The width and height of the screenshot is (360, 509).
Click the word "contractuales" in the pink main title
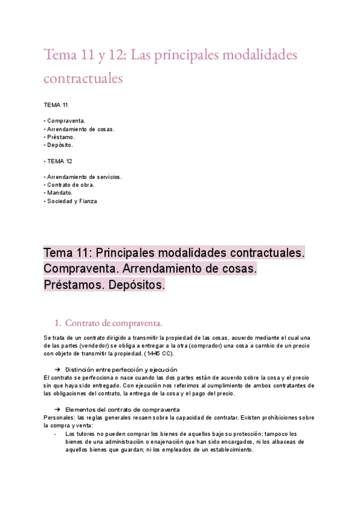coord(83,79)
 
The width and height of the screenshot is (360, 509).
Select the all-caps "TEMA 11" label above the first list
coord(56,105)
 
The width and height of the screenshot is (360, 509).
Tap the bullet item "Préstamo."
coord(61,137)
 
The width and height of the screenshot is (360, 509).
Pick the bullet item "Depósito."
coord(60,145)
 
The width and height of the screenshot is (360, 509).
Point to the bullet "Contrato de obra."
coord(70,185)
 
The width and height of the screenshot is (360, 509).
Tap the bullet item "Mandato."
coord(59,193)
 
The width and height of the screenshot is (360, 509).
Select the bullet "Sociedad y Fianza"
coord(71,201)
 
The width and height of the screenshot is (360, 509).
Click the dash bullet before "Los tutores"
coord(55,433)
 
